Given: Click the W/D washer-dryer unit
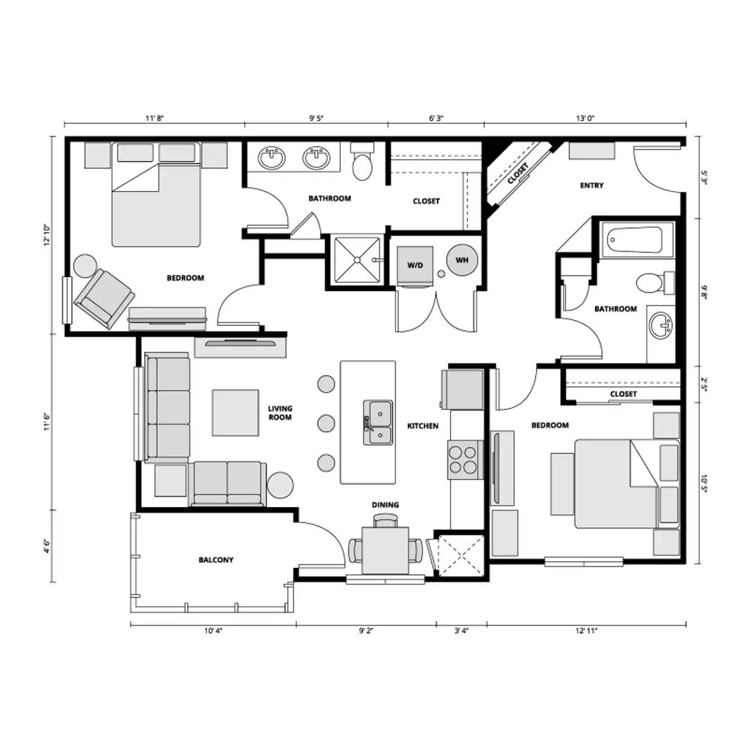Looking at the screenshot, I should click(416, 265).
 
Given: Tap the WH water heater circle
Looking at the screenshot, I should click(462, 260).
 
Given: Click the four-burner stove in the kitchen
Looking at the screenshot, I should click(463, 460).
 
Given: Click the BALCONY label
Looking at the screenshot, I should click(215, 560).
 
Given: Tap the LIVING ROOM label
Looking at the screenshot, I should click(280, 413).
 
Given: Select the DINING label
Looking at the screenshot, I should click(385, 505).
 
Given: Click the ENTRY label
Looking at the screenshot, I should click(591, 186).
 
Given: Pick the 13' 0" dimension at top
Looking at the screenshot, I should click(585, 118).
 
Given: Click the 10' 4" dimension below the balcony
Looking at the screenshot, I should click(213, 631).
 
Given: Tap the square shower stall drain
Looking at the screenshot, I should click(357, 260).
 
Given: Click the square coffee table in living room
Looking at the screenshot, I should click(235, 413).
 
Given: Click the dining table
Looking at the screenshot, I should click(385, 551).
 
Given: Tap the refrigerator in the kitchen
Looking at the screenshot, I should click(463, 389).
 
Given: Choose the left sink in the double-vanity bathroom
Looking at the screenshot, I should click(272, 158).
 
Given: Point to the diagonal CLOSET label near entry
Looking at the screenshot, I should click(518, 173).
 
